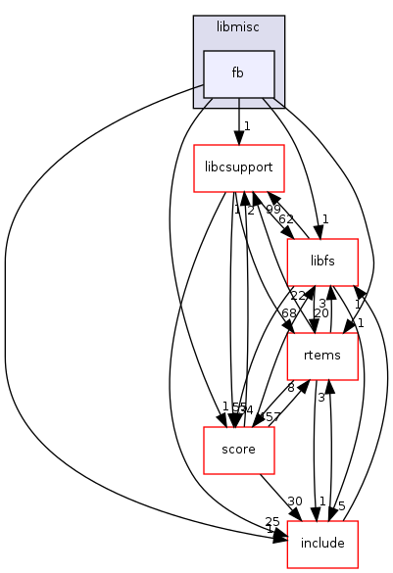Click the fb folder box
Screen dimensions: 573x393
(238, 73)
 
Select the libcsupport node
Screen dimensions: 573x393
(239, 168)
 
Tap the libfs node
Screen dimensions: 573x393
(321, 262)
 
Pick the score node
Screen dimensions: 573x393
(238, 450)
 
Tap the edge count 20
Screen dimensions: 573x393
(321, 313)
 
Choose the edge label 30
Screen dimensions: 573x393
(293, 501)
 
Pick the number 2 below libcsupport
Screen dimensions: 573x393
(251, 211)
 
